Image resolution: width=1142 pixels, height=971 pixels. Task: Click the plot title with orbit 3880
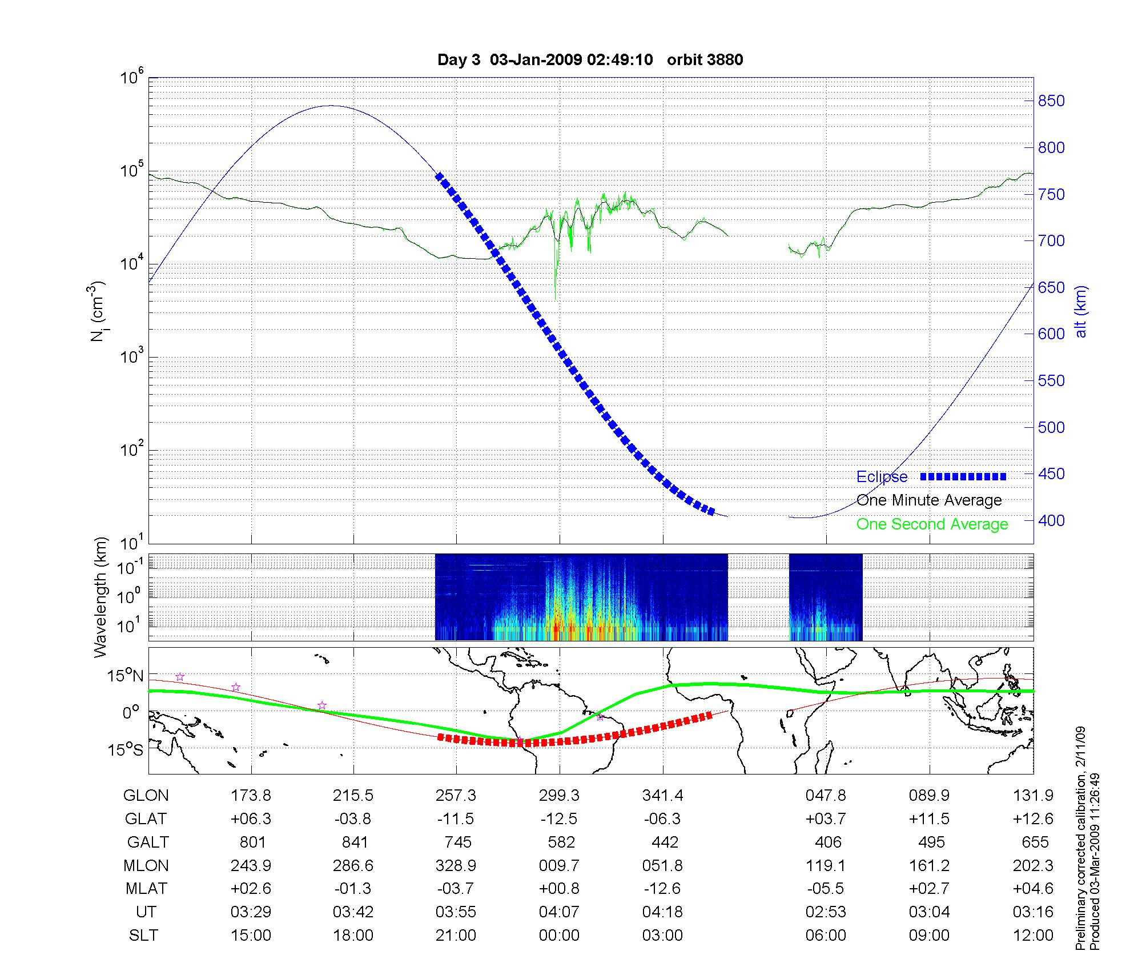(x=590, y=60)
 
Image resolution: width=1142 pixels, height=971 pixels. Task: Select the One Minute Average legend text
(x=929, y=500)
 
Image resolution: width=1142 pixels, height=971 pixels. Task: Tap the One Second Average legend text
(x=932, y=524)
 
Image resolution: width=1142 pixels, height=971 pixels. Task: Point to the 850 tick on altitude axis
(x=1051, y=101)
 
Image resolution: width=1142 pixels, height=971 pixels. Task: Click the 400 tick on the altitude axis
(x=1051, y=520)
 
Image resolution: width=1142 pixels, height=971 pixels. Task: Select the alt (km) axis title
(x=1081, y=311)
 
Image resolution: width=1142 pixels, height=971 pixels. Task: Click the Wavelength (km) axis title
(x=101, y=597)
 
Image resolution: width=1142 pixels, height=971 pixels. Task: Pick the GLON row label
(x=146, y=796)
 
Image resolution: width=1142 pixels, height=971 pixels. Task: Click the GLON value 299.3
(x=559, y=796)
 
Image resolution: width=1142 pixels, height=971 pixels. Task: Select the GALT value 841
(x=354, y=842)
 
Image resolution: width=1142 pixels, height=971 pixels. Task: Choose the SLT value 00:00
(x=559, y=936)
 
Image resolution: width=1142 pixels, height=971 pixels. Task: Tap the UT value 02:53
(x=826, y=912)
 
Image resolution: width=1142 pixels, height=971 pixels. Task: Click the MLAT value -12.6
(x=662, y=889)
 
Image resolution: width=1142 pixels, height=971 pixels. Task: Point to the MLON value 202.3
(x=1033, y=866)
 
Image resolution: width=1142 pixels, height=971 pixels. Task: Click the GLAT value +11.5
(x=930, y=819)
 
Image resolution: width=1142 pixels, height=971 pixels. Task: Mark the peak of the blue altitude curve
(x=331, y=106)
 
